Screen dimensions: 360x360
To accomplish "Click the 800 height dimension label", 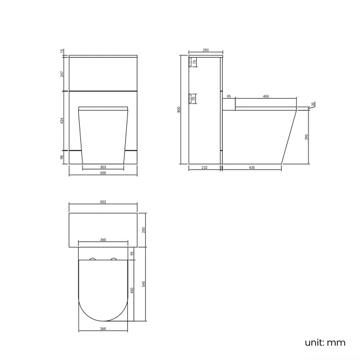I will (179, 109).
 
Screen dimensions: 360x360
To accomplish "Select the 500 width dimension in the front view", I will (103, 173).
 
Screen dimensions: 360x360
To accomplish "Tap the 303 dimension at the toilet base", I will (103, 166).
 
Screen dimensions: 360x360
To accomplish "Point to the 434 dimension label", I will (63, 120).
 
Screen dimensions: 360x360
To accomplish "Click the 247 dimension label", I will (63, 73).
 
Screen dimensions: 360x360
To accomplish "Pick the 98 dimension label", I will (63, 157).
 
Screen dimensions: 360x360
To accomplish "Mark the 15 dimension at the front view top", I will (63, 52).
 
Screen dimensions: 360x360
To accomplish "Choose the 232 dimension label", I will (204, 167).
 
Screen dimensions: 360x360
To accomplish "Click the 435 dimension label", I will (252, 167).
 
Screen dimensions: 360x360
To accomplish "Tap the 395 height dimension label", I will (307, 136).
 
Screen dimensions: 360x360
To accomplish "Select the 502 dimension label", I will (103, 202).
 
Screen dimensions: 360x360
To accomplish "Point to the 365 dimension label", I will (103, 240).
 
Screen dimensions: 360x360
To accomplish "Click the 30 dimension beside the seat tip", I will (313, 104).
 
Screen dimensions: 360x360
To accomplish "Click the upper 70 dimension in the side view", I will (194, 63).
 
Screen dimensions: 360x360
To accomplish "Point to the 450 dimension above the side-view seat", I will (265, 97).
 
